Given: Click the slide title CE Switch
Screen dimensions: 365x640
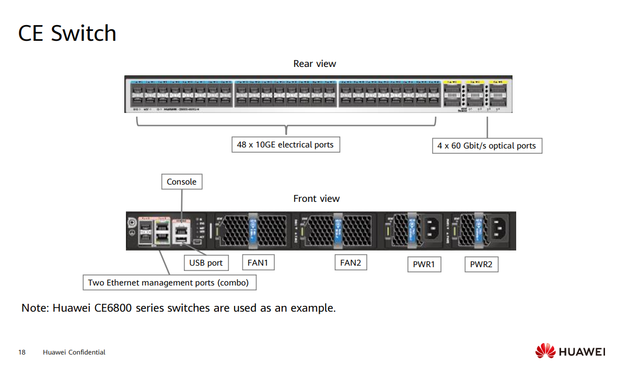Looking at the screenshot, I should pos(67,33).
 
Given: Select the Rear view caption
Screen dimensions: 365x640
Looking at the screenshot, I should pos(315,64).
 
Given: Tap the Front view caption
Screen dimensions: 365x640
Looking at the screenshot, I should pos(316,199).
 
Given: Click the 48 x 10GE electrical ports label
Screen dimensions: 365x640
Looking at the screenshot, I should pos(285,145).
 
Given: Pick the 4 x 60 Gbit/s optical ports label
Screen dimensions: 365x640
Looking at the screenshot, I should pos(486,146).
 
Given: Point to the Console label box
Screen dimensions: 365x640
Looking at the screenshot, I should pos(181,182).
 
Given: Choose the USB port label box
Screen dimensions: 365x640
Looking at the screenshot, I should pos(206,263).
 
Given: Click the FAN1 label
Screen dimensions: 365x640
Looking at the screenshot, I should pos(258,263).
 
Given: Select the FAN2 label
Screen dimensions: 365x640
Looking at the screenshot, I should pos(351,263).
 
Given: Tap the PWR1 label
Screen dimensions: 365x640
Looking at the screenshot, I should pos(424,265).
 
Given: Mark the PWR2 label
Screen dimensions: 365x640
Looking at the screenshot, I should pos(481,265).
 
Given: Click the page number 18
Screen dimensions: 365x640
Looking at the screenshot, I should pos(22,352).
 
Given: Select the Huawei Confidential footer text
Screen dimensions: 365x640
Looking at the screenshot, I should pos(74,352).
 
